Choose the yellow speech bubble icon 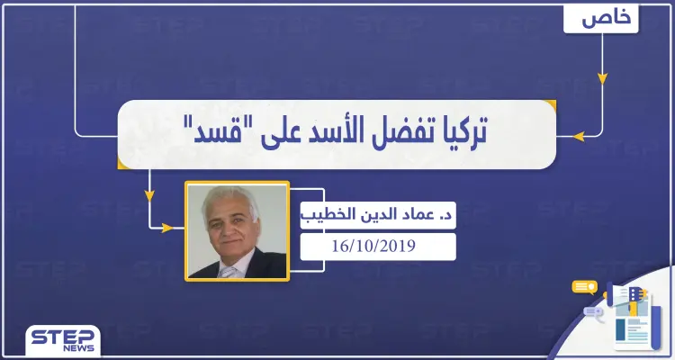click(584, 288)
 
